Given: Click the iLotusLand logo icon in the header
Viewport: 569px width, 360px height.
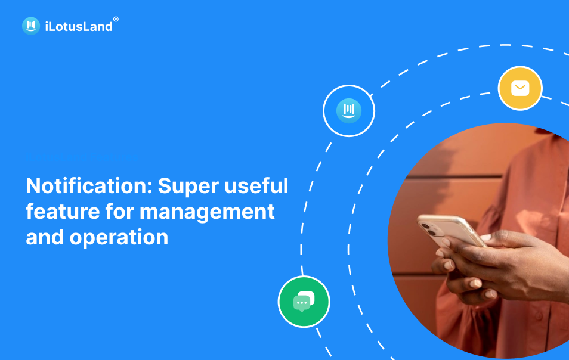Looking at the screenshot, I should point(31,26).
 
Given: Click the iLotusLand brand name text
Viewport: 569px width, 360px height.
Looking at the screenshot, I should point(78,26).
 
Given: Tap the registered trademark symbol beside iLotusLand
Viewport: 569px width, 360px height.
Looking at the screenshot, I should point(116,19).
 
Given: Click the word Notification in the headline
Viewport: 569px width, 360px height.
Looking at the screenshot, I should point(86,186).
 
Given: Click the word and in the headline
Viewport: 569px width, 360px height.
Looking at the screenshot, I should point(45,237).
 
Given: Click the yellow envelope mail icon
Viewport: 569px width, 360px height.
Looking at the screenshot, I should point(520,88).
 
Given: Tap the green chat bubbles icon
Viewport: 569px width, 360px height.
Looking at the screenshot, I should point(304,302).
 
